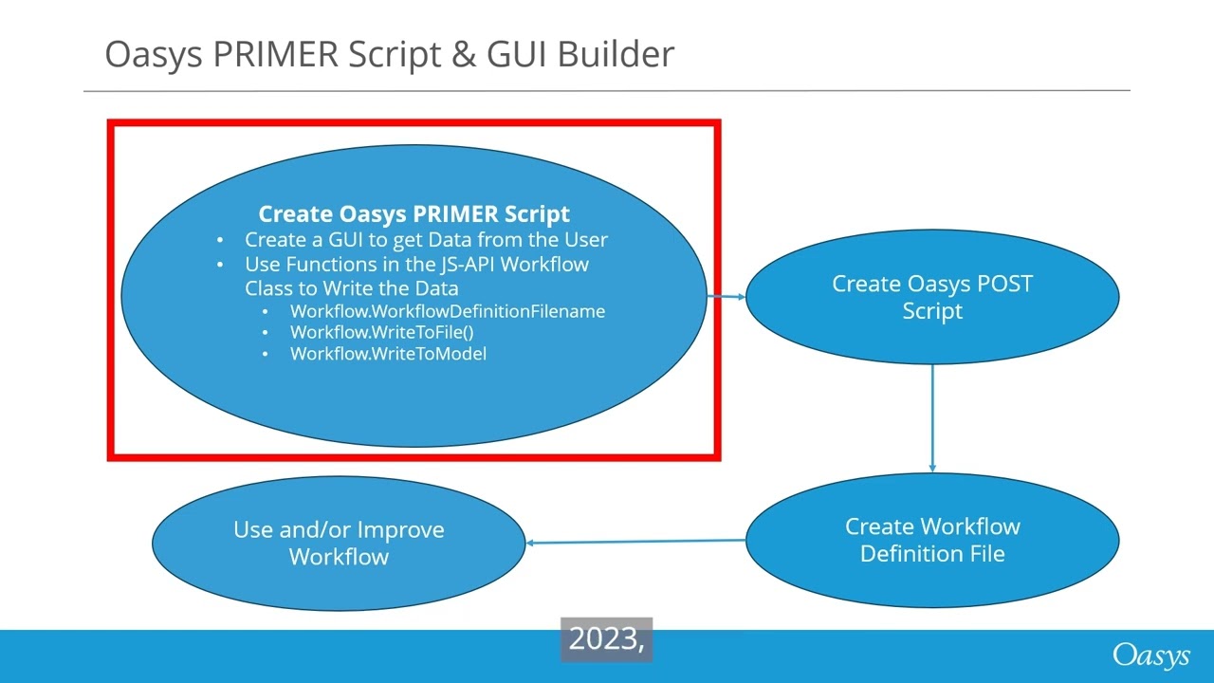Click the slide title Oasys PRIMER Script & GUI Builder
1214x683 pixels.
(x=389, y=54)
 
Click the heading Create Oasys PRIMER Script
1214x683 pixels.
(x=414, y=214)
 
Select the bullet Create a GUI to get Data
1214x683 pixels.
(x=426, y=240)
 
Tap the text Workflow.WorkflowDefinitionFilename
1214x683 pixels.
(x=447, y=311)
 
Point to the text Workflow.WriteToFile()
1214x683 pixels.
(x=381, y=332)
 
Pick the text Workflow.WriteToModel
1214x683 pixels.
(x=388, y=354)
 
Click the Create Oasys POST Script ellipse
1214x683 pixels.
(x=932, y=297)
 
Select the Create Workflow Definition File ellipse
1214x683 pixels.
(x=932, y=540)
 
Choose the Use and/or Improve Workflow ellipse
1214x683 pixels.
(x=339, y=543)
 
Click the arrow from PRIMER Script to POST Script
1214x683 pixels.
(x=727, y=296)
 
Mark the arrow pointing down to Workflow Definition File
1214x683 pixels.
(x=932, y=417)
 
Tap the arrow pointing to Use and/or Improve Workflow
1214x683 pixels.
(x=635, y=542)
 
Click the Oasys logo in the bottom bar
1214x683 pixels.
(x=1150, y=655)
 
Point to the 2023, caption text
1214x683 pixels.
(x=606, y=640)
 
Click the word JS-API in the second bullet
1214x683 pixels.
(x=455, y=265)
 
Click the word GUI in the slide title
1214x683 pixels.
(x=518, y=54)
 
